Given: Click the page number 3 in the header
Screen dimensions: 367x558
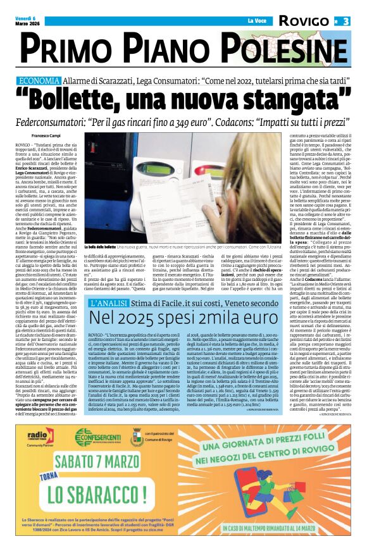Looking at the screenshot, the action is [x=346, y=21].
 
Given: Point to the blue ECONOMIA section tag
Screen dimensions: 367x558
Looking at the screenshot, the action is [x=39, y=81].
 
